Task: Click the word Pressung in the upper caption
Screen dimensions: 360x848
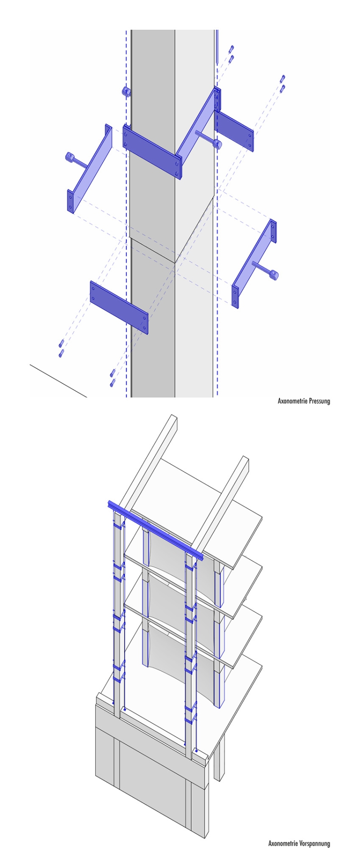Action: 319,400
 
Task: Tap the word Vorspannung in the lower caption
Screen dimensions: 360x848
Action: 315,839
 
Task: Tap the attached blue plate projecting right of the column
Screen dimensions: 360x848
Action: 234,130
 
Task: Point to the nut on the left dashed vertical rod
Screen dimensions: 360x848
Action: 126,92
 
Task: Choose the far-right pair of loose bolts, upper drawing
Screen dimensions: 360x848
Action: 283,84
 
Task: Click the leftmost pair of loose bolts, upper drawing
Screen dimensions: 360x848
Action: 61,349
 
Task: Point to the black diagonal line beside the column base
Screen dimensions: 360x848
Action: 58,380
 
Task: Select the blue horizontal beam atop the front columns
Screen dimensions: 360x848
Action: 155,531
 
